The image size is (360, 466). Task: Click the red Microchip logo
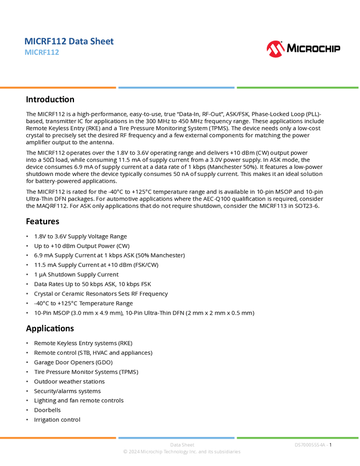(275, 49)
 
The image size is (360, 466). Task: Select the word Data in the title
(76, 41)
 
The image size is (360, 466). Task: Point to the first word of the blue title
(44, 41)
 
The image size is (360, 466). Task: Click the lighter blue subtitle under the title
(42, 53)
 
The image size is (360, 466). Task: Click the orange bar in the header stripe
(58, 88)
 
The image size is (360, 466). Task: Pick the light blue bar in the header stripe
(176, 88)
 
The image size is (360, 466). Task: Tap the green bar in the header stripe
(298, 88)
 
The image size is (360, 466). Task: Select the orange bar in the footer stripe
(58, 437)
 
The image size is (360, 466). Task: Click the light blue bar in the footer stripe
(176, 437)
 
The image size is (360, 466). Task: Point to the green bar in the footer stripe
(298, 437)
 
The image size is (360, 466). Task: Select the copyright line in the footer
(181, 452)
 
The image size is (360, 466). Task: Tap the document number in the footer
(311, 445)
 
